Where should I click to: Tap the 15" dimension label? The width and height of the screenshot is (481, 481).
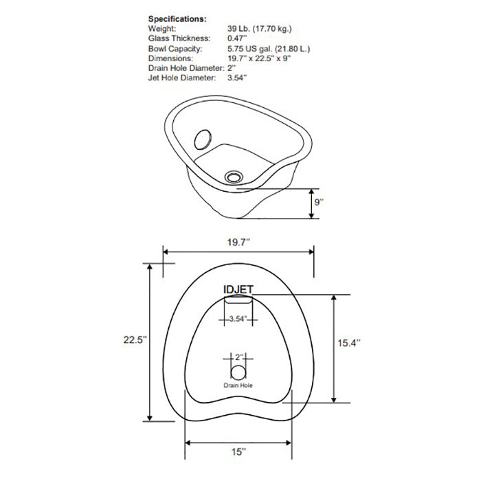coord(238,452)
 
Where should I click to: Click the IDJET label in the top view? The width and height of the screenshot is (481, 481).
coord(238,291)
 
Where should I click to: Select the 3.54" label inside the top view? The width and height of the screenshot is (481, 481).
coord(237,318)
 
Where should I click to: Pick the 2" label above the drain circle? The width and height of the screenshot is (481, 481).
coord(238,357)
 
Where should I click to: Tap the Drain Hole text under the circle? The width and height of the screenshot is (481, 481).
coord(238,385)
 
